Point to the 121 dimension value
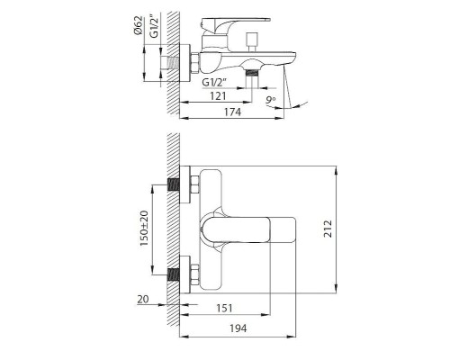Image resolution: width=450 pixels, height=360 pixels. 218,96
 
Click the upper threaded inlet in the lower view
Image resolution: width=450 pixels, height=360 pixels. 173,186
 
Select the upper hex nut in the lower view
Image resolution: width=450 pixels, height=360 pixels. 193,186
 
